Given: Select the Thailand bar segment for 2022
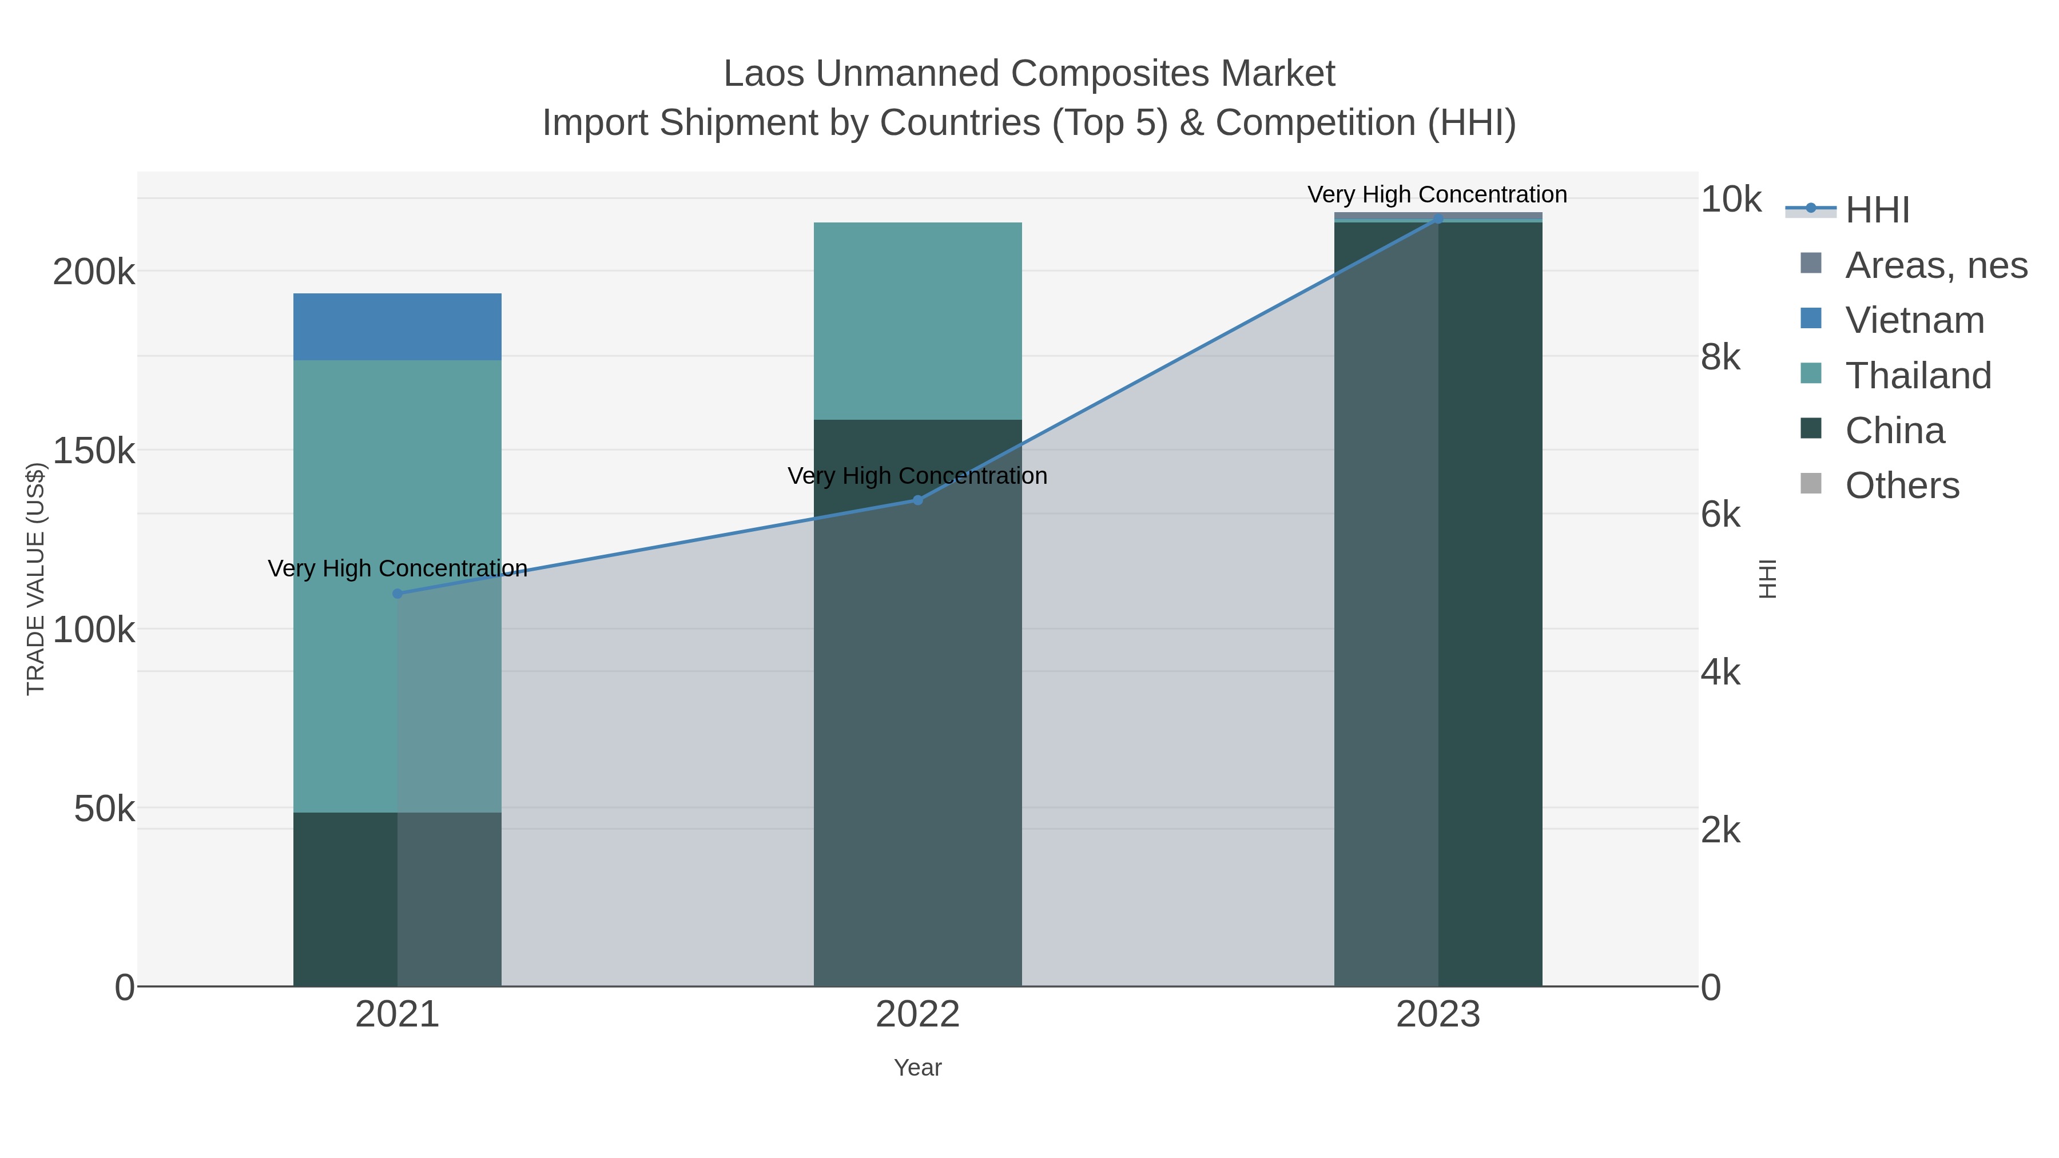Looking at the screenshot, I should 917,320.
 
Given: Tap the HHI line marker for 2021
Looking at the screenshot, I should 398,594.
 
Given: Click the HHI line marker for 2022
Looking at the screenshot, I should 917,500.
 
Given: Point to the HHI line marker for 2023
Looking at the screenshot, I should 1438,219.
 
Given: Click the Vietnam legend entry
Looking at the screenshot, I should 1914,320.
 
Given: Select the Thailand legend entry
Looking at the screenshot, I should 1918,376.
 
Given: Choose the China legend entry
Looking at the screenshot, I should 1894,431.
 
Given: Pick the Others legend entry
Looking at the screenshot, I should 1902,486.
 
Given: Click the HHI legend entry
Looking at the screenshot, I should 1877,210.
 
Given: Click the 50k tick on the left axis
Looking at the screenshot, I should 104,810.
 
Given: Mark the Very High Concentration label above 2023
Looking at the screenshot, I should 1437,194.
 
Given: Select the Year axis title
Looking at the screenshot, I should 917,1068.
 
